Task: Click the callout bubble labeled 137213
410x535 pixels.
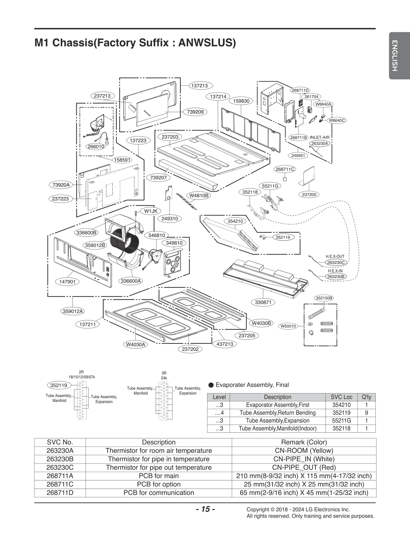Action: (x=199, y=85)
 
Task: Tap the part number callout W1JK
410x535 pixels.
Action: (x=150, y=211)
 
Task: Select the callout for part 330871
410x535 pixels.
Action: (x=263, y=302)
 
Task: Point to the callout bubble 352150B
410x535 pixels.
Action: (x=324, y=298)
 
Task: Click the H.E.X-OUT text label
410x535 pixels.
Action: (x=335, y=256)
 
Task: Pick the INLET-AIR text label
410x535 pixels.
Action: (x=320, y=137)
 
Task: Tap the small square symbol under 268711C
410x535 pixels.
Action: (x=285, y=179)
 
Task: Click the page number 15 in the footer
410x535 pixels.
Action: (x=205, y=509)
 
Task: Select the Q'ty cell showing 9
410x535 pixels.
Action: (x=366, y=413)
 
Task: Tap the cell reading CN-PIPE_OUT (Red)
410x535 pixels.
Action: (x=304, y=467)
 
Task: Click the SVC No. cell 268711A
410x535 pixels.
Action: (x=60, y=476)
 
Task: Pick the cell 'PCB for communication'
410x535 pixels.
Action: (x=159, y=493)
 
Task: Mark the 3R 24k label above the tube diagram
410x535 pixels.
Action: (x=164, y=375)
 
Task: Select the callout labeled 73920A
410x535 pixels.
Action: (x=61, y=185)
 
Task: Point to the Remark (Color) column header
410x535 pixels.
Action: (x=304, y=442)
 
